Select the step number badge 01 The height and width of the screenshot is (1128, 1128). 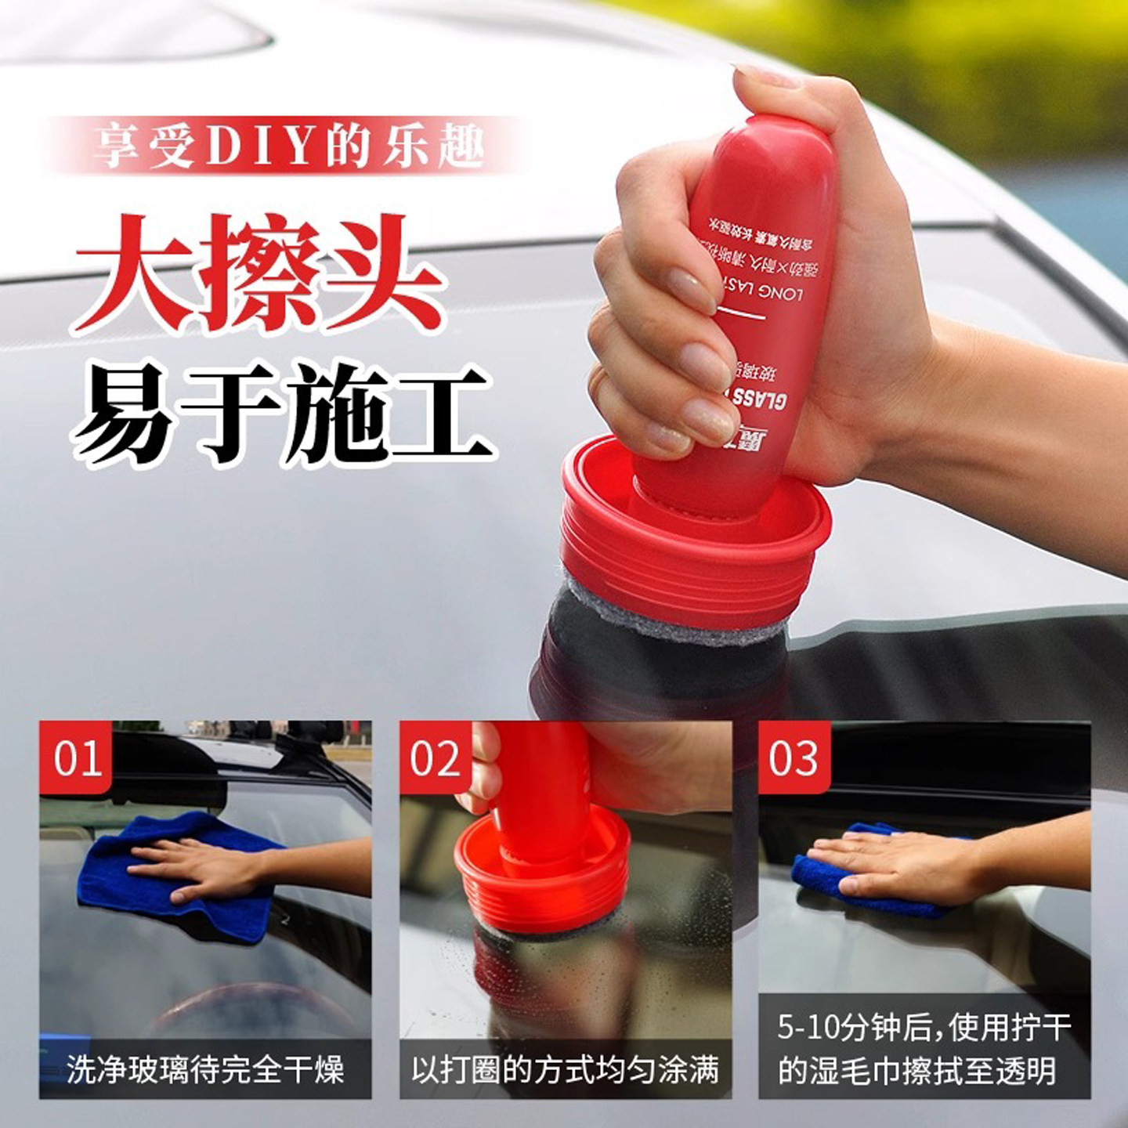77,757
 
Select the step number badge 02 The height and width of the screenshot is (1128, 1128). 436,757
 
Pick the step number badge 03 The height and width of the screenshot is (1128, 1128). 794,757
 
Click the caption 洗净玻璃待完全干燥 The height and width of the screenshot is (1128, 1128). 205,1069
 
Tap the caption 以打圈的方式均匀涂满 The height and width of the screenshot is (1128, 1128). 565,1069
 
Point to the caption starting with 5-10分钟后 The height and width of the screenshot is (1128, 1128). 924,1048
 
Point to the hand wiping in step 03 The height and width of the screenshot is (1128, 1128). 893,862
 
